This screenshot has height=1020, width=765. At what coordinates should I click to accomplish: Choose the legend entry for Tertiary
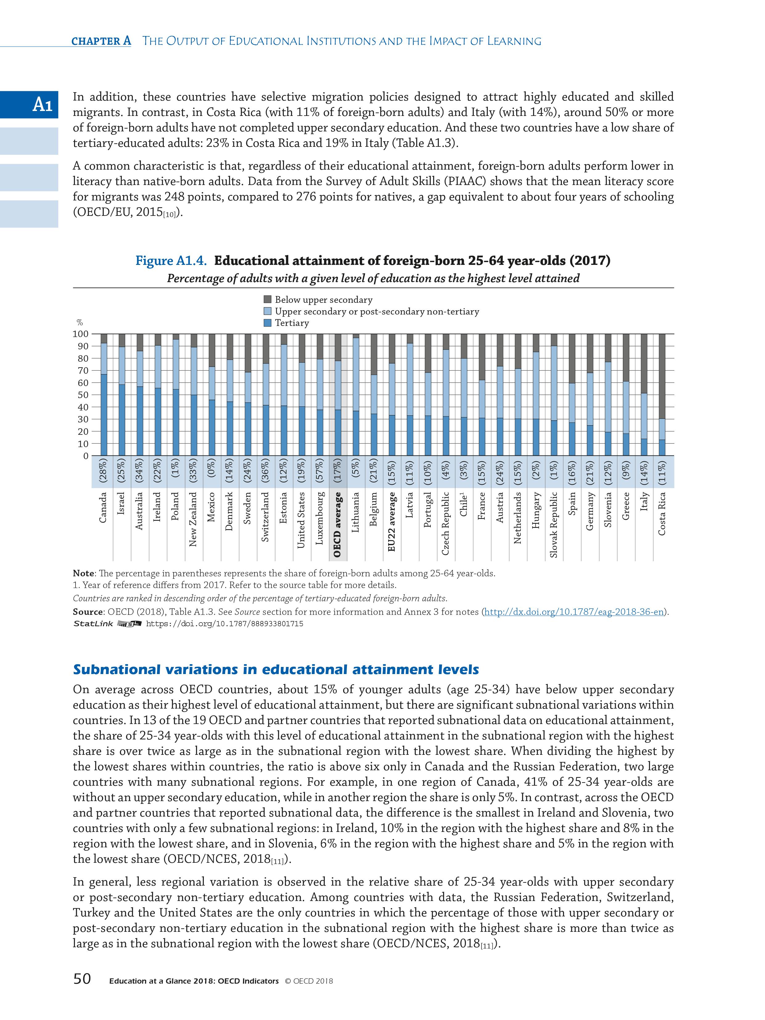(291, 323)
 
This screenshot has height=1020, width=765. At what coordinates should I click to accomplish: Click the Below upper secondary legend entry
(323, 300)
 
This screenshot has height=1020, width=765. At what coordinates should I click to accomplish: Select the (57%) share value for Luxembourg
(319, 472)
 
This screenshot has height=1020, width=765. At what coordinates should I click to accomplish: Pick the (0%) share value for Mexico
(212, 472)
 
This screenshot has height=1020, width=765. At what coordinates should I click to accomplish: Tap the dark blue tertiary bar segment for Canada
(104, 415)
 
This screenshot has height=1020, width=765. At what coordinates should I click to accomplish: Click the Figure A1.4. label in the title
(171, 261)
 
